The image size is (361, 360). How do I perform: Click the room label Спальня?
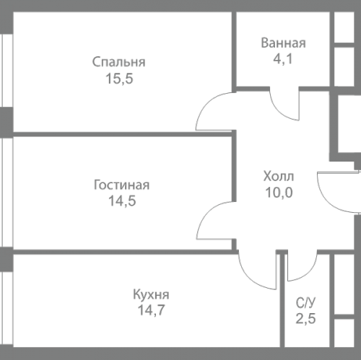[119, 61]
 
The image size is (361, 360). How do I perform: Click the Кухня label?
[151, 294]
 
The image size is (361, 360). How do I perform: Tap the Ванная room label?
[283, 43]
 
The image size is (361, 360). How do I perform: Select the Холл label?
[279, 176]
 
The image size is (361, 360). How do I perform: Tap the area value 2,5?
[304, 320]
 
